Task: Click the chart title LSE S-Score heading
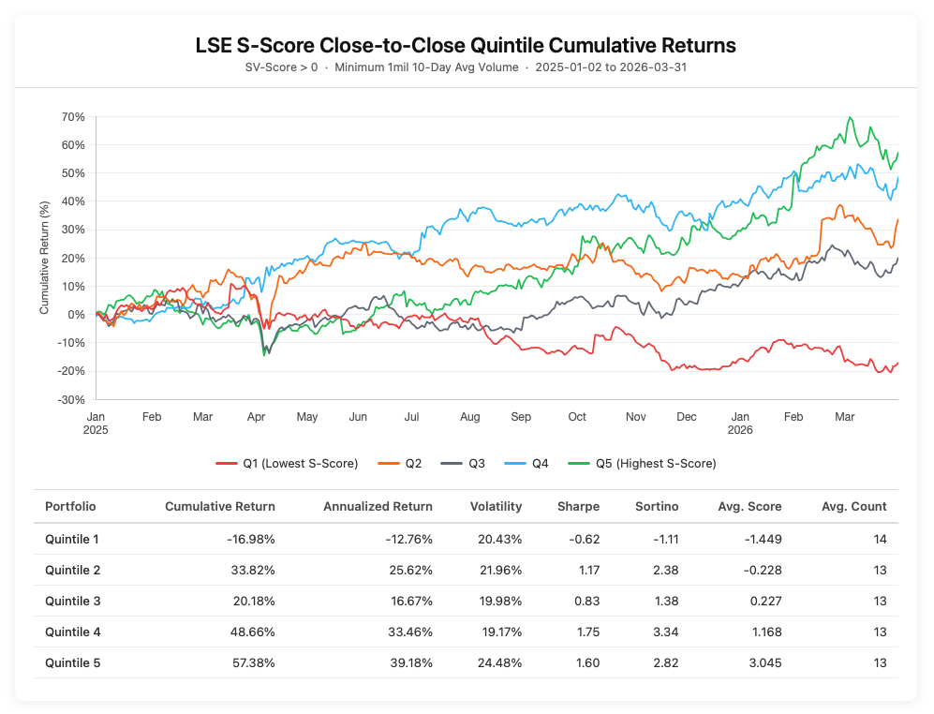(x=466, y=46)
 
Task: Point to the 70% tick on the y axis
(x=73, y=117)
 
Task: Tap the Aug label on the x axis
(x=470, y=416)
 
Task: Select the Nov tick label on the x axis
(x=636, y=416)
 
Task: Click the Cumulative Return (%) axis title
(x=44, y=259)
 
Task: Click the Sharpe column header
(x=578, y=507)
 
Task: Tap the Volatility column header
(x=496, y=507)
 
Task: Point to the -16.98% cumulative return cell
(x=247, y=539)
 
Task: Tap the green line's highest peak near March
(x=850, y=118)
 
